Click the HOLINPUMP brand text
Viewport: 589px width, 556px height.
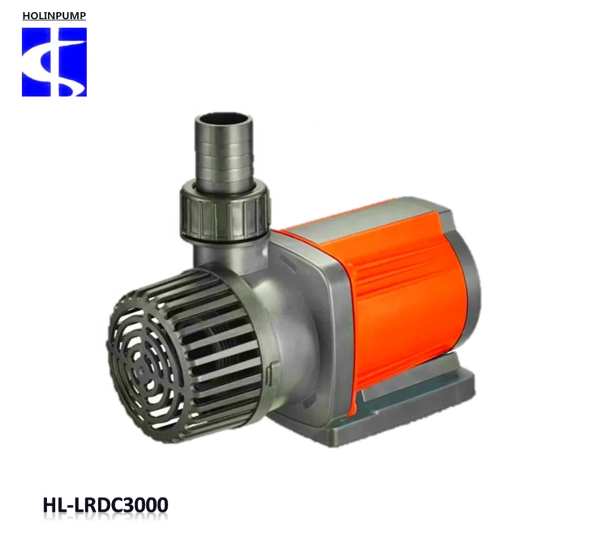pos(54,15)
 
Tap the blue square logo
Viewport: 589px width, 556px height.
pos(54,62)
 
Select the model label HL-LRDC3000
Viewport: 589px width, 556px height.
pos(105,505)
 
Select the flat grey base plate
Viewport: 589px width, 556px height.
pos(412,401)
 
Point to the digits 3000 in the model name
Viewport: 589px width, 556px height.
pos(145,505)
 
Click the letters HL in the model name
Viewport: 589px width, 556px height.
pos(54,505)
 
